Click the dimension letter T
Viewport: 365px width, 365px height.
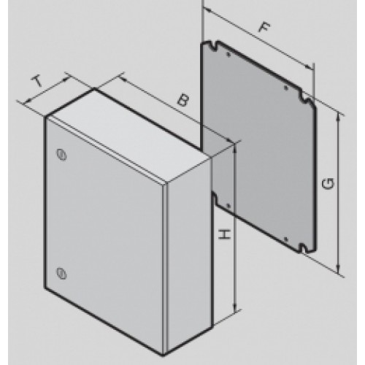tap(38, 82)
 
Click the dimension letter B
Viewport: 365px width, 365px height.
tap(183, 100)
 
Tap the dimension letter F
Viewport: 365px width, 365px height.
tap(264, 27)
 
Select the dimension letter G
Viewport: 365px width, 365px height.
tap(328, 184)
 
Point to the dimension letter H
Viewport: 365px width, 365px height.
tap(224, 234)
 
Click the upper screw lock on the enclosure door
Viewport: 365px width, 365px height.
tap(62, 155)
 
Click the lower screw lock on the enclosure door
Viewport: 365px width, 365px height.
tap(62, 273)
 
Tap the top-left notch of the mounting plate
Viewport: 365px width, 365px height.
tap(214, 47)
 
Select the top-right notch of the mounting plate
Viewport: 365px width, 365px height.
tap(304, 97)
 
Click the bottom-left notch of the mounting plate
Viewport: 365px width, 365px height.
tap(214, 196)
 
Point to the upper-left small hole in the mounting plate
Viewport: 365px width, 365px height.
tap(228, 55)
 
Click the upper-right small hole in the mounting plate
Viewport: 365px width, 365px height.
tap(286, 88)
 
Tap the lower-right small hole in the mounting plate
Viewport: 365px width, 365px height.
tap(286, 239)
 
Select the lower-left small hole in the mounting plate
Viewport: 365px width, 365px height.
tap(228, 206)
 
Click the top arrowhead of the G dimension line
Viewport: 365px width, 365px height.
tap(338, 116)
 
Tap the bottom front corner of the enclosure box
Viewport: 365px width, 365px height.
tap(164, 356)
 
